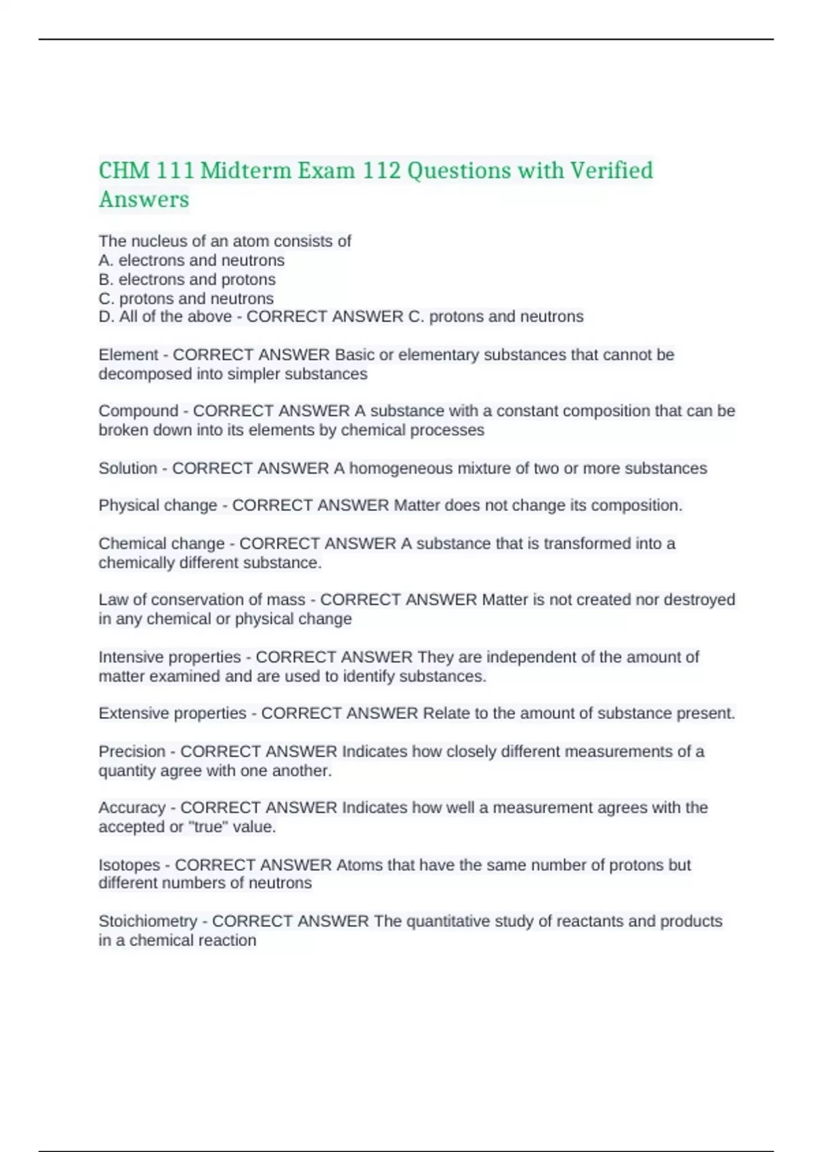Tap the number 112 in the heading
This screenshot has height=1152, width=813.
381,170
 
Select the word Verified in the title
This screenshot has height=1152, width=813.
611,170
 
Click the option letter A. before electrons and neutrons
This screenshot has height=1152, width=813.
106,260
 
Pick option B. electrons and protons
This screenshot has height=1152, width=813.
187,279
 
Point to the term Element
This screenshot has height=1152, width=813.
128,354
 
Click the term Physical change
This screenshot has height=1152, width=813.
158,506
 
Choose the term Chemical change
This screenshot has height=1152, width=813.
161,543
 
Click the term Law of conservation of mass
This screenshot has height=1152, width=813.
202,600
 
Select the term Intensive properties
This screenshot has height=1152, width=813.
169,657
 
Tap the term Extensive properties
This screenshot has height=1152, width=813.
172,713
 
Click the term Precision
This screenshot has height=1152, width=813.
132,752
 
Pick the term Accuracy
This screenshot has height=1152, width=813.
132,808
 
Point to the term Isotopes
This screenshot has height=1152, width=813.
129,865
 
